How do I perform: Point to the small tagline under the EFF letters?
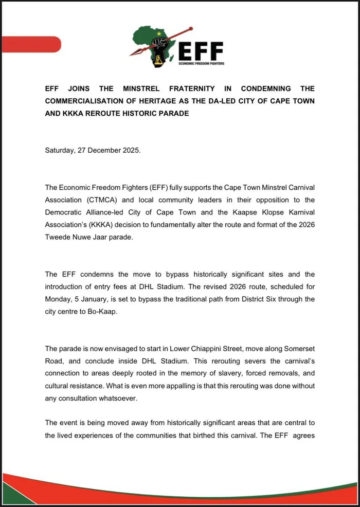[201, 63]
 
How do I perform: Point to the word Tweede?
[59, 239]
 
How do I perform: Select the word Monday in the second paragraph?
[60, 299]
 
